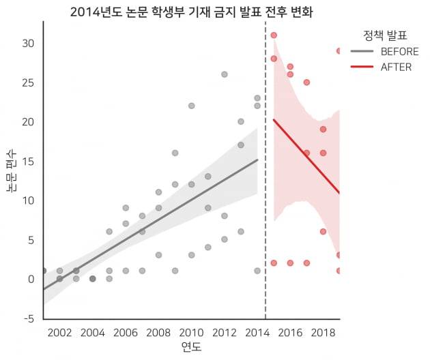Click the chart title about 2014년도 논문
191,13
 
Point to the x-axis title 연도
191,348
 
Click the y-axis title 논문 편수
12,170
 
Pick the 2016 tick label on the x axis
290,332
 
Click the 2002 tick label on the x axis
60,332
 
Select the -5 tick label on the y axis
28,318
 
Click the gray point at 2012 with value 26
224,74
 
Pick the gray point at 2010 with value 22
191,106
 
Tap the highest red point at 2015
274,35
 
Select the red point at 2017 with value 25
306,82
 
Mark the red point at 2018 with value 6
323,232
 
